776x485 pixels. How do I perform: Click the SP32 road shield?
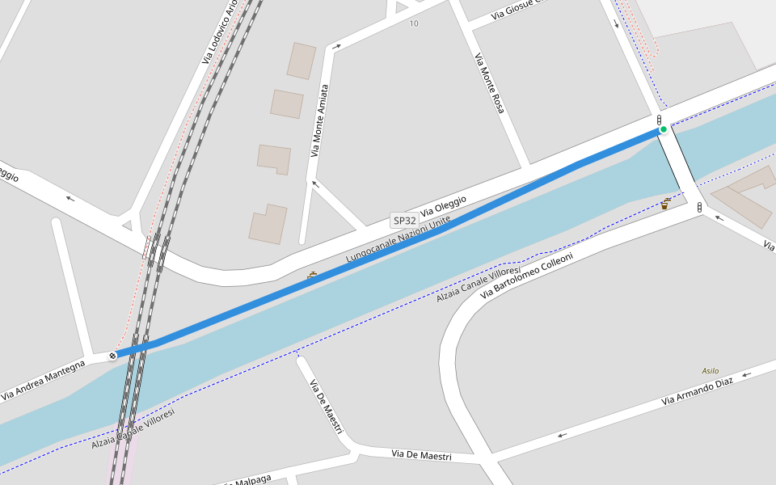(404, 220)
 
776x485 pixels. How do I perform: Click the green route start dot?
(664, 129)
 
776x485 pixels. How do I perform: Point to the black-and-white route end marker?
(112, 355)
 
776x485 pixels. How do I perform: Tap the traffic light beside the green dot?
(659, 120)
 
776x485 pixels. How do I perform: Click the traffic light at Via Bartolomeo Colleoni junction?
(699, 208)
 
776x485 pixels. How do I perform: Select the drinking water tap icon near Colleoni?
(664, 204)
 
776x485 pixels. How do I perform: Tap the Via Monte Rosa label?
(489, 82)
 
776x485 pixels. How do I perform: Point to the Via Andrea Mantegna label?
(43, 380)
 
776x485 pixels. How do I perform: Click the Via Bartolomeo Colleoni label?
(526, 276)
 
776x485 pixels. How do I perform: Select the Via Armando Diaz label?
(698, 390)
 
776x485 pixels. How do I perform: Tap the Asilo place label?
(710, 370)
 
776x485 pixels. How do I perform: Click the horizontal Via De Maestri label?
(421, 456)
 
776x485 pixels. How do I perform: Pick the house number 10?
(414, 23)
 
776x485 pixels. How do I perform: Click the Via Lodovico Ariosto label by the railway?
(219, 32)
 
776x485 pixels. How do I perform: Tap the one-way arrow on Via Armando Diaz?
(746, 374)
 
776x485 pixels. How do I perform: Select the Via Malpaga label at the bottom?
(247, 480)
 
